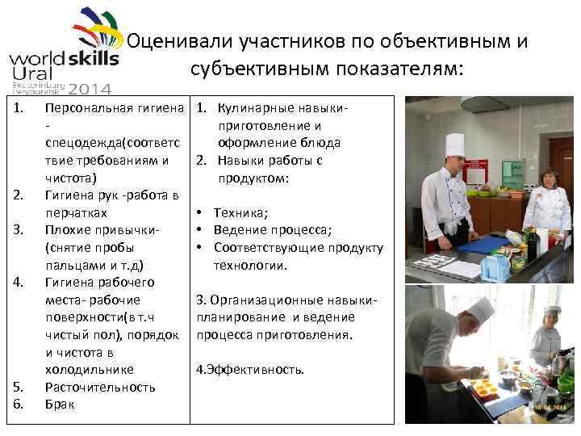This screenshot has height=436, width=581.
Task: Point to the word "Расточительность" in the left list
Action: click(100, 387)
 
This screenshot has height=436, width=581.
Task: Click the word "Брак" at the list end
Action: click(60, 405)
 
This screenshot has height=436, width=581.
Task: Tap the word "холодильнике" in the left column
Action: click(89, 369)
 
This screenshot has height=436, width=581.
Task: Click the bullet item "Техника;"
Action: click(240, 212)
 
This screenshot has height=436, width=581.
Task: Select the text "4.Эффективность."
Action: click(251, 370)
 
